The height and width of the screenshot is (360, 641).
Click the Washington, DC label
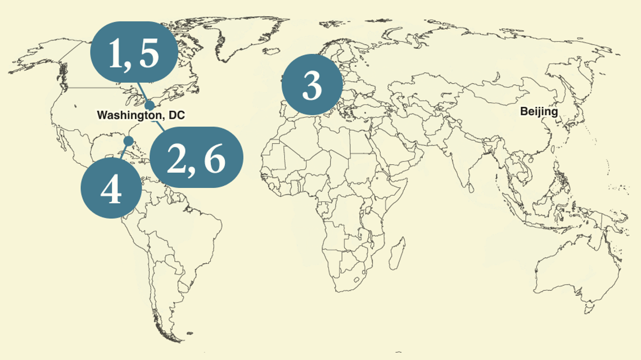[x=141, y=115]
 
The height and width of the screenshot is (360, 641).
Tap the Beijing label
[x=539, y=111]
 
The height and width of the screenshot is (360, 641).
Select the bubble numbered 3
[x=312, y=85]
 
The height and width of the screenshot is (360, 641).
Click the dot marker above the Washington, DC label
[x=150, y=105]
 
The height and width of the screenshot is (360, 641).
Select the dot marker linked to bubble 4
[x=128, y=140]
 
